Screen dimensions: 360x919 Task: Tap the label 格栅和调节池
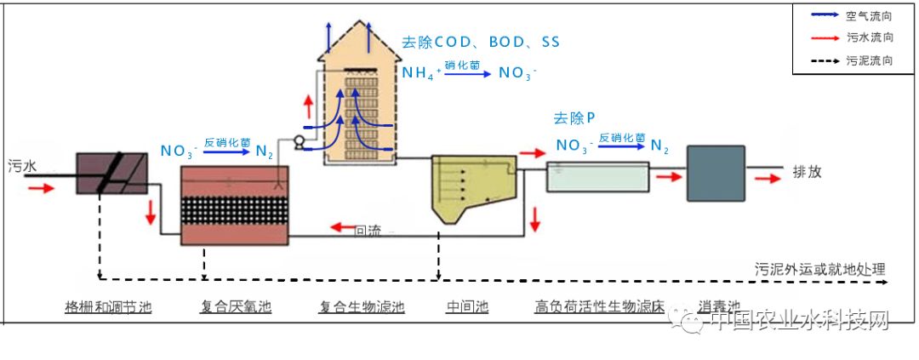click(x=108, y=306)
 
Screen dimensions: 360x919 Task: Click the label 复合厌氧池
click(x=237, y=306)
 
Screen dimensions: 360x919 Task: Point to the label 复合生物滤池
click(x=362, y=306)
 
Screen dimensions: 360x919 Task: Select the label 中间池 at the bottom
click(x=467, y=306)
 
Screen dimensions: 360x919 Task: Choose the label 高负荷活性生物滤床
click(x=600, y=306)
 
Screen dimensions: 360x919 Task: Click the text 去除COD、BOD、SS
click(x=481, y=42)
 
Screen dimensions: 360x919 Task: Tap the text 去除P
click(x=574, y=118)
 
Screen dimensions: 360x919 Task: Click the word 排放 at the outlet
click(x=808, y=170)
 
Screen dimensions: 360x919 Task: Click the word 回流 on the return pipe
click(x=368, y=230)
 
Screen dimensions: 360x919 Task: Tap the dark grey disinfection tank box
click(x=716, y=173)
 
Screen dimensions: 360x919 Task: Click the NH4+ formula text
click(x=421, y=74)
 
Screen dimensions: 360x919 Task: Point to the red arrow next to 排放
click(x=764, y=179)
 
